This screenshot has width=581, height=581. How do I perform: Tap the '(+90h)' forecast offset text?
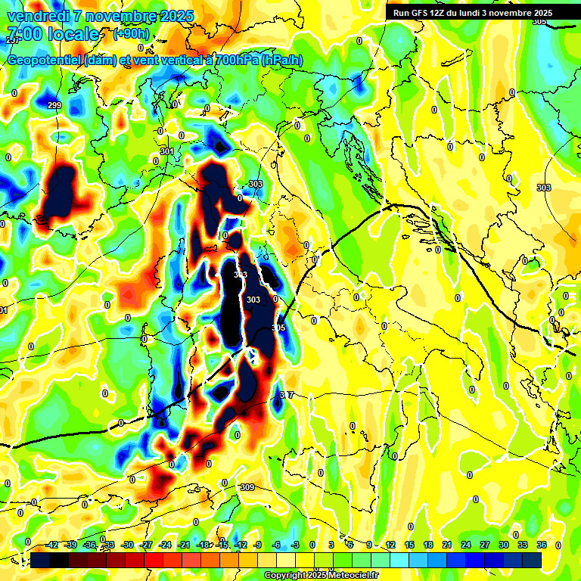tap(130, 34)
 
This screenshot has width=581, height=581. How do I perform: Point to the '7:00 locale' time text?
tap(52, 34)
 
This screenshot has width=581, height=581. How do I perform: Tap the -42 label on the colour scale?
tap(52, 545)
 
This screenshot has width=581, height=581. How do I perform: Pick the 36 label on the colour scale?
tap(542, 545)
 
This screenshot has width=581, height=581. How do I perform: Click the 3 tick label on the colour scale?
tap(331, 545)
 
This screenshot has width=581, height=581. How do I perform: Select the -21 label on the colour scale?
tap(184, 545)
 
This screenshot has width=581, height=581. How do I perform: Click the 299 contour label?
tap(54, 105)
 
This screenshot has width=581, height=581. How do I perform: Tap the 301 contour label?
tap(166, 152)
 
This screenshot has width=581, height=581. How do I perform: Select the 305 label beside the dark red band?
tap(278, 328)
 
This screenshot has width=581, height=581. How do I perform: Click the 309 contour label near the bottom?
tap(247, 487)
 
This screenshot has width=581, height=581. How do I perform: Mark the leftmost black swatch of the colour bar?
tap(40, 561)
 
